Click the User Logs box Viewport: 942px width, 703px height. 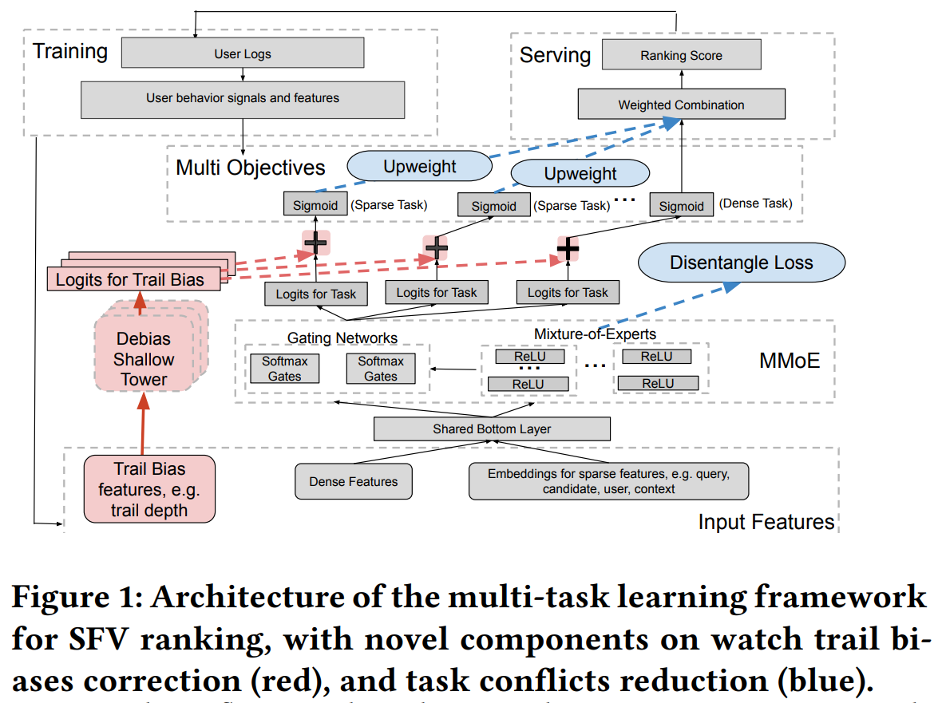pyautogui.click(x=242, y=53)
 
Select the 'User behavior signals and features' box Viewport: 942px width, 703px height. pyautogui.click(x=242, y=98)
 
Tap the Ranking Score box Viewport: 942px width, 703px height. pyautogui.click(x=681, y=56)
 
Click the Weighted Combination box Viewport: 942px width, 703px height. pyautogui.click(x=681, y=105)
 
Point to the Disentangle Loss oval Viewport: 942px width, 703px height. pyautogui.click(x=741, y=263)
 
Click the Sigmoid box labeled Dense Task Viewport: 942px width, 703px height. pyautogui.click(x=681, y=205)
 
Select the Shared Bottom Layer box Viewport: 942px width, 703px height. pyautogui.click(x=492, y=429)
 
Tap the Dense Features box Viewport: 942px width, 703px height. pyautogui.click(x=353, y=482)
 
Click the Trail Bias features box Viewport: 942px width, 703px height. pyautogui.click(x=149, y=489)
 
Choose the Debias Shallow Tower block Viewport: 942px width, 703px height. pyautogui.click(x=144, y=359)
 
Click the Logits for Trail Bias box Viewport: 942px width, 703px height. pyautogui.click(x=130, y=279)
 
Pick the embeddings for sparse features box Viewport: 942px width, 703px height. pyautogui.click(x=608, y=481)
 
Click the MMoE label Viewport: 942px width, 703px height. pyautogui.click(x=789, y=361)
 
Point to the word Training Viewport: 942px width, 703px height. pyautogui.click(x=70, y=52)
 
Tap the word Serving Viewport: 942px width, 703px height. pyautogui.click(x=555, y=55)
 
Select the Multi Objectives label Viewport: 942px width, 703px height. pyautogui.click(x=251, y=168)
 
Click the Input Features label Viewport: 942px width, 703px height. pyautogui.click(x=766, y=522)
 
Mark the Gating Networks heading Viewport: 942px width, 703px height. pyautogui.click(x=342, y=338)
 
